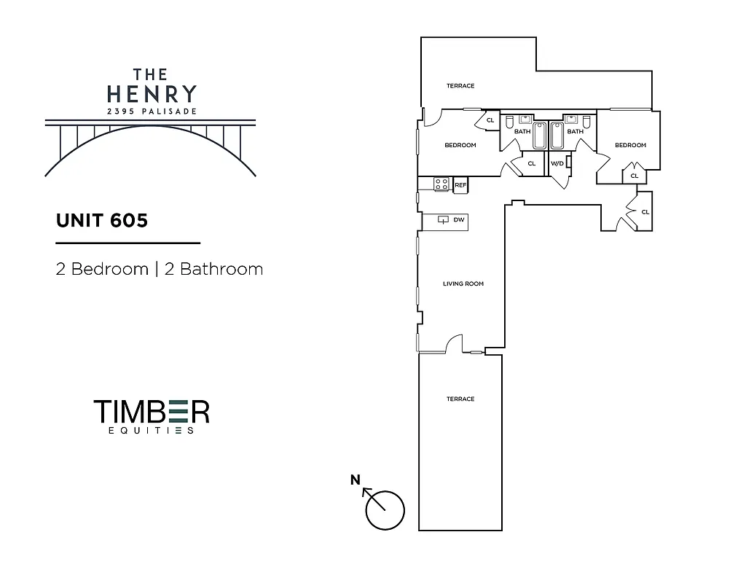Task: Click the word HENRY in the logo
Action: tap(152, 94)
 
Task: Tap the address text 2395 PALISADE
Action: tap(152, 111)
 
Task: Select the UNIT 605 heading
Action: tap(102, 220)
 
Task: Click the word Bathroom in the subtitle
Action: tap(213, 269)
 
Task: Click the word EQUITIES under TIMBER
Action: tap(152, 431)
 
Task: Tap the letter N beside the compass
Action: tap(356, 479)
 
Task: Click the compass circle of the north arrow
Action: tap(385, 510)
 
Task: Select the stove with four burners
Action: tap(441, 184)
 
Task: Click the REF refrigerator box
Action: tap(460, 185)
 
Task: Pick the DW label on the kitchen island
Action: tap(458, 219)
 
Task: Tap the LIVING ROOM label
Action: tap(463, 283)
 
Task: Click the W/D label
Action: tap(557, 163)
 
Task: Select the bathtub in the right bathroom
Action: tap(558, 136)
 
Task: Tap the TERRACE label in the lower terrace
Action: tap(460, 399)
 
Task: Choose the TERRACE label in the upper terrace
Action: tap(460, 86)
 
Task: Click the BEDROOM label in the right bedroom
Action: tap(630, 145)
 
